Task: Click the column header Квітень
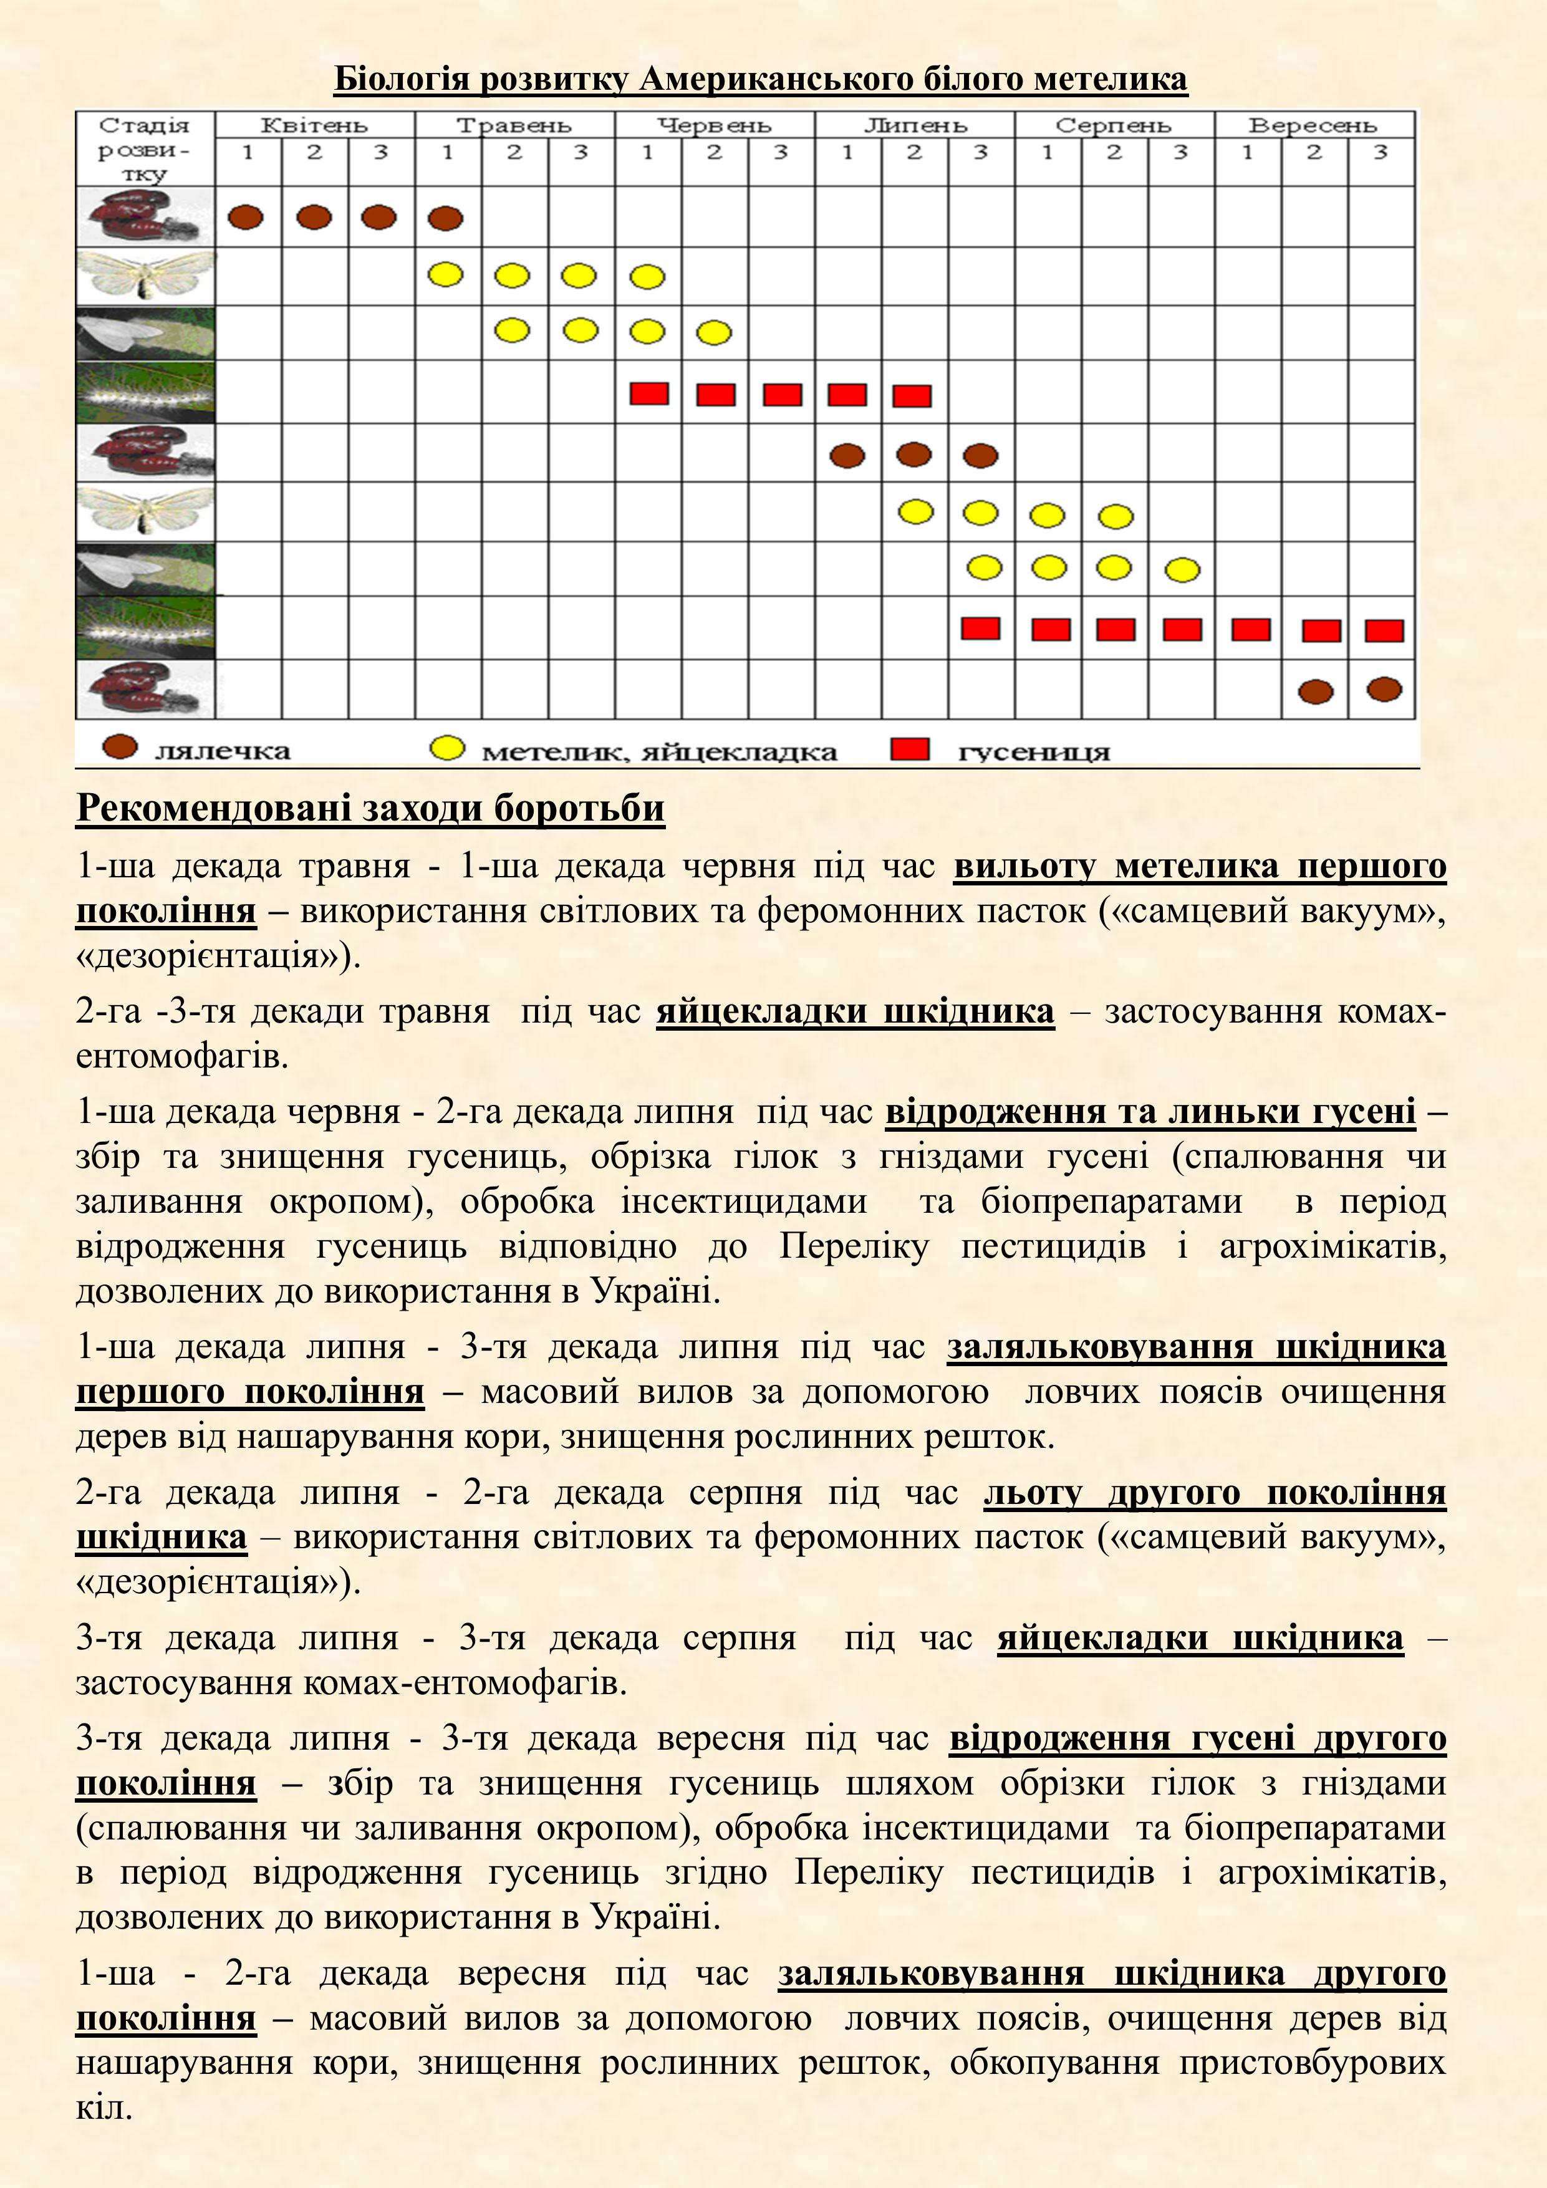pyautogui.click(x=314, y=125)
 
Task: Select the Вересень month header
pyautogui.click(x=1313, y=125)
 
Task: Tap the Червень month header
pyautogui.click(x=714, y=125)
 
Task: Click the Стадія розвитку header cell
pyautogui.click(x=144, y=148)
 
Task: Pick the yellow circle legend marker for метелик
pyautogui.click(x=447, y=748)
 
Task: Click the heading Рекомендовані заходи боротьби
pyautogui.click(x=370, y=808)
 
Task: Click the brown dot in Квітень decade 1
pyautogui.click(x=246, y=217)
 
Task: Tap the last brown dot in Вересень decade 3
pyautogui.click(x=1384, y=689)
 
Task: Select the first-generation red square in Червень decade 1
pyautogui.click(x=649, y=393)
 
